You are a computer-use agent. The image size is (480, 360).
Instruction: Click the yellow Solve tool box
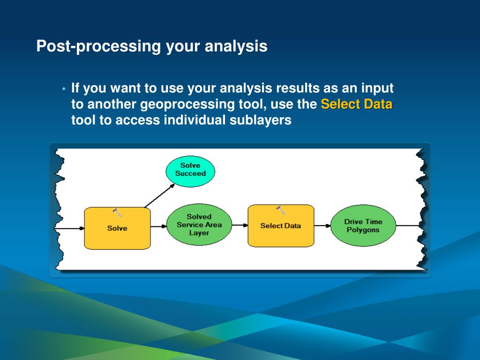[x=117, y=228]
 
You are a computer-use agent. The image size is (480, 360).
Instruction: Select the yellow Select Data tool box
[x=281, y=226]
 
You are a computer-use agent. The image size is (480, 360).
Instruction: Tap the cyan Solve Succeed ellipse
[x=190, y=172]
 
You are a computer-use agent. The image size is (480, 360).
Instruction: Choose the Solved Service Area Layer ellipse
[x=199, y=225]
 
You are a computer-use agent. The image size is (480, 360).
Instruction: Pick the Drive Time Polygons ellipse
[x=363, y=225]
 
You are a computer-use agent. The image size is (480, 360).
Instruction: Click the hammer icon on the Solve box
[x=117, y=212]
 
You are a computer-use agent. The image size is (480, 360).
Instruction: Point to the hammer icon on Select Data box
[x=281, y=210]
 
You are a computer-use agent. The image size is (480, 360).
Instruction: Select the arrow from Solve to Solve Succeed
[x=159, y=195]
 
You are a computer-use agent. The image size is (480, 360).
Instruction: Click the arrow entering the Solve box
[x=69, y=228]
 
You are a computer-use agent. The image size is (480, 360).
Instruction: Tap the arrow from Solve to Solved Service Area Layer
[x=158, y=226]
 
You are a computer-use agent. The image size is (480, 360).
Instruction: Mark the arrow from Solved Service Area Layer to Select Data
[x=240, y=225]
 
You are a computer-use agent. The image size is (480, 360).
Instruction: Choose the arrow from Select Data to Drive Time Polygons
[x=322, y=226]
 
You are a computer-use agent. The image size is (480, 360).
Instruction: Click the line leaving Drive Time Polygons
[x=408, y=225]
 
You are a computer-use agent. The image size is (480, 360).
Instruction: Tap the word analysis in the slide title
[x=236, y=46]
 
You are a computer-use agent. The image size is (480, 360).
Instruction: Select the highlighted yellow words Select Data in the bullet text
[x=357, y=104]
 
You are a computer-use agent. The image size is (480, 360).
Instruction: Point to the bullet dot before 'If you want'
[x=64, y=89]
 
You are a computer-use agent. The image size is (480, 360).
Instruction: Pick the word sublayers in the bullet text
[x=261, y=120]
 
